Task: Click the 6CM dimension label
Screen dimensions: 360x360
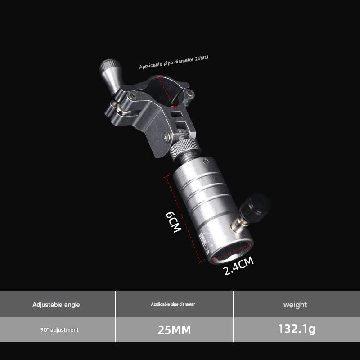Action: [173, 221]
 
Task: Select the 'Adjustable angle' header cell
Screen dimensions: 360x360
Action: [56, 305]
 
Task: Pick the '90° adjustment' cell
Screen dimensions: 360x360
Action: [59, 330]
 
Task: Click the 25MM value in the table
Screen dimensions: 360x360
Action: [174, 330]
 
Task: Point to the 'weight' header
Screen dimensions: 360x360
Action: [295, 305]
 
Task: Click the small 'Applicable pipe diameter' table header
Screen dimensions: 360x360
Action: [173, 305]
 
